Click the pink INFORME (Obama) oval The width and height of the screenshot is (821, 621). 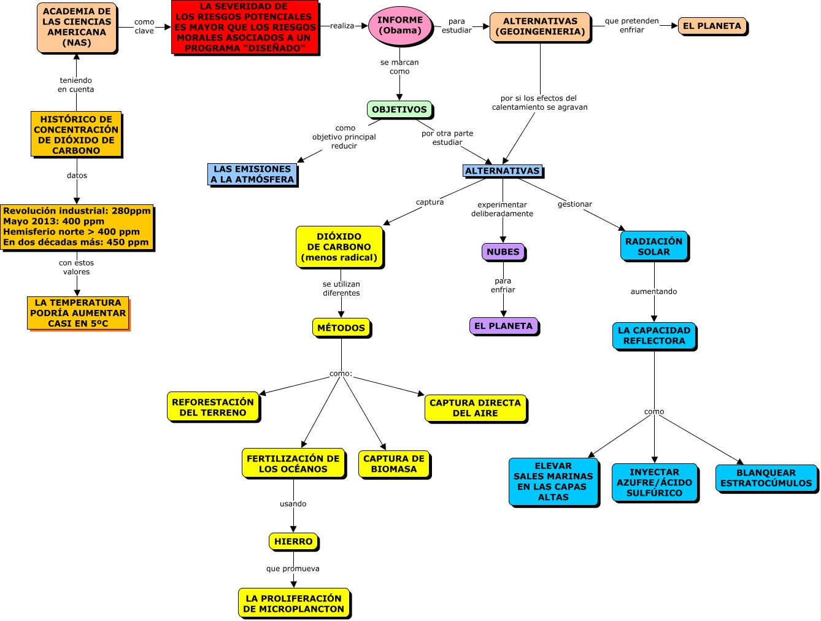(399, 26)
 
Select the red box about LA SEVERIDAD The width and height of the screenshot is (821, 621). (245, 27)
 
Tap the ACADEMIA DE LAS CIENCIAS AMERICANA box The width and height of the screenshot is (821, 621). (77, 28)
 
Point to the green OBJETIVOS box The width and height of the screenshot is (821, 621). (399, 110)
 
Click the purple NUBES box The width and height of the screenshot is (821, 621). (503, 252)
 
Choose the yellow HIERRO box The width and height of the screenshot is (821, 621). (293, 541)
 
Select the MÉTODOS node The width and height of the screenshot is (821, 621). (341, 328)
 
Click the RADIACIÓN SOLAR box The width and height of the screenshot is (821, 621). (654, 246)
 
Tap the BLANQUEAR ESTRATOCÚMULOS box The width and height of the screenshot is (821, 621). (766, 478)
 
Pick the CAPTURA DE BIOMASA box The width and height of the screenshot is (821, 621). (394, 464)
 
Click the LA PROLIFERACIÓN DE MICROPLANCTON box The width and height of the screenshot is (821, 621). (294, 603)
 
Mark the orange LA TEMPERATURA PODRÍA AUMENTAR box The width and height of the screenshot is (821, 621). (78, 313)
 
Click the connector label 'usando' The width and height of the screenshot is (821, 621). (293, 504)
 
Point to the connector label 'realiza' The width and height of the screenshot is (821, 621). (342, 26)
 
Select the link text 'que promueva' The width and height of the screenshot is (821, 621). (293, 569)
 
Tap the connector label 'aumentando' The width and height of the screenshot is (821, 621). (654, 291)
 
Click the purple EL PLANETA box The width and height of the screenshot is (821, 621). (503, 326)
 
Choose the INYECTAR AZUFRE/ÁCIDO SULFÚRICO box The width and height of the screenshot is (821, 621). (655, 482)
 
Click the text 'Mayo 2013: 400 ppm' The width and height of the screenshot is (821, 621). (54, 222)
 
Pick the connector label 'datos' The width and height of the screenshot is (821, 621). (77, 175)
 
